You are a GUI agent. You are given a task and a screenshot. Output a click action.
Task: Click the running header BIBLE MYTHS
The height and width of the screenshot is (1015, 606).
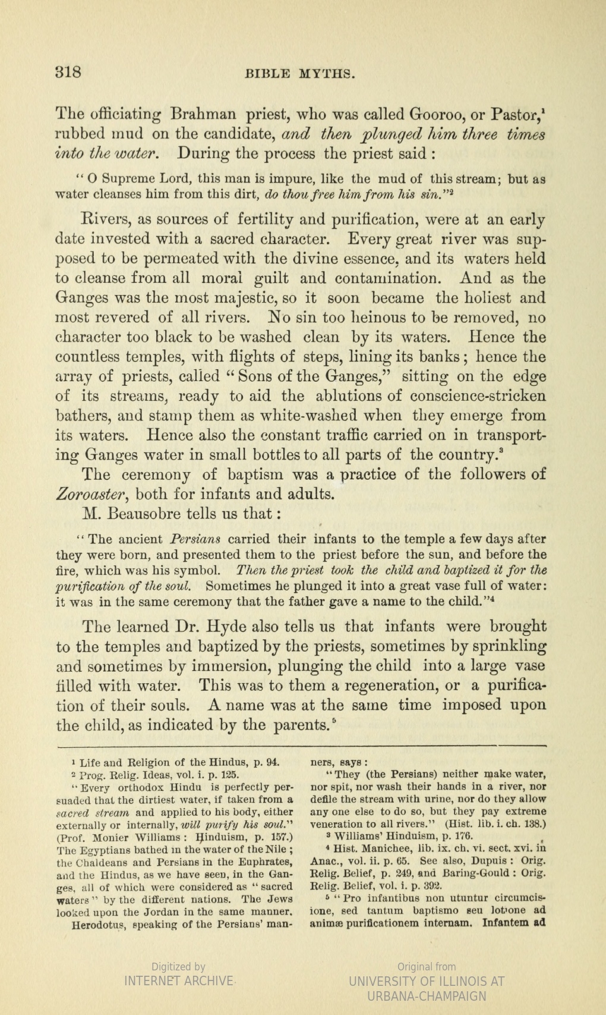(300, 74)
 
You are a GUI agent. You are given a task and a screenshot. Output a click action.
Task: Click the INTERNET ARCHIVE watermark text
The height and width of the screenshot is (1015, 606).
(178, 981)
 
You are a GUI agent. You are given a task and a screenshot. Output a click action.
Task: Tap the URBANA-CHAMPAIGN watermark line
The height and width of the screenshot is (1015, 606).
(427, 996)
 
